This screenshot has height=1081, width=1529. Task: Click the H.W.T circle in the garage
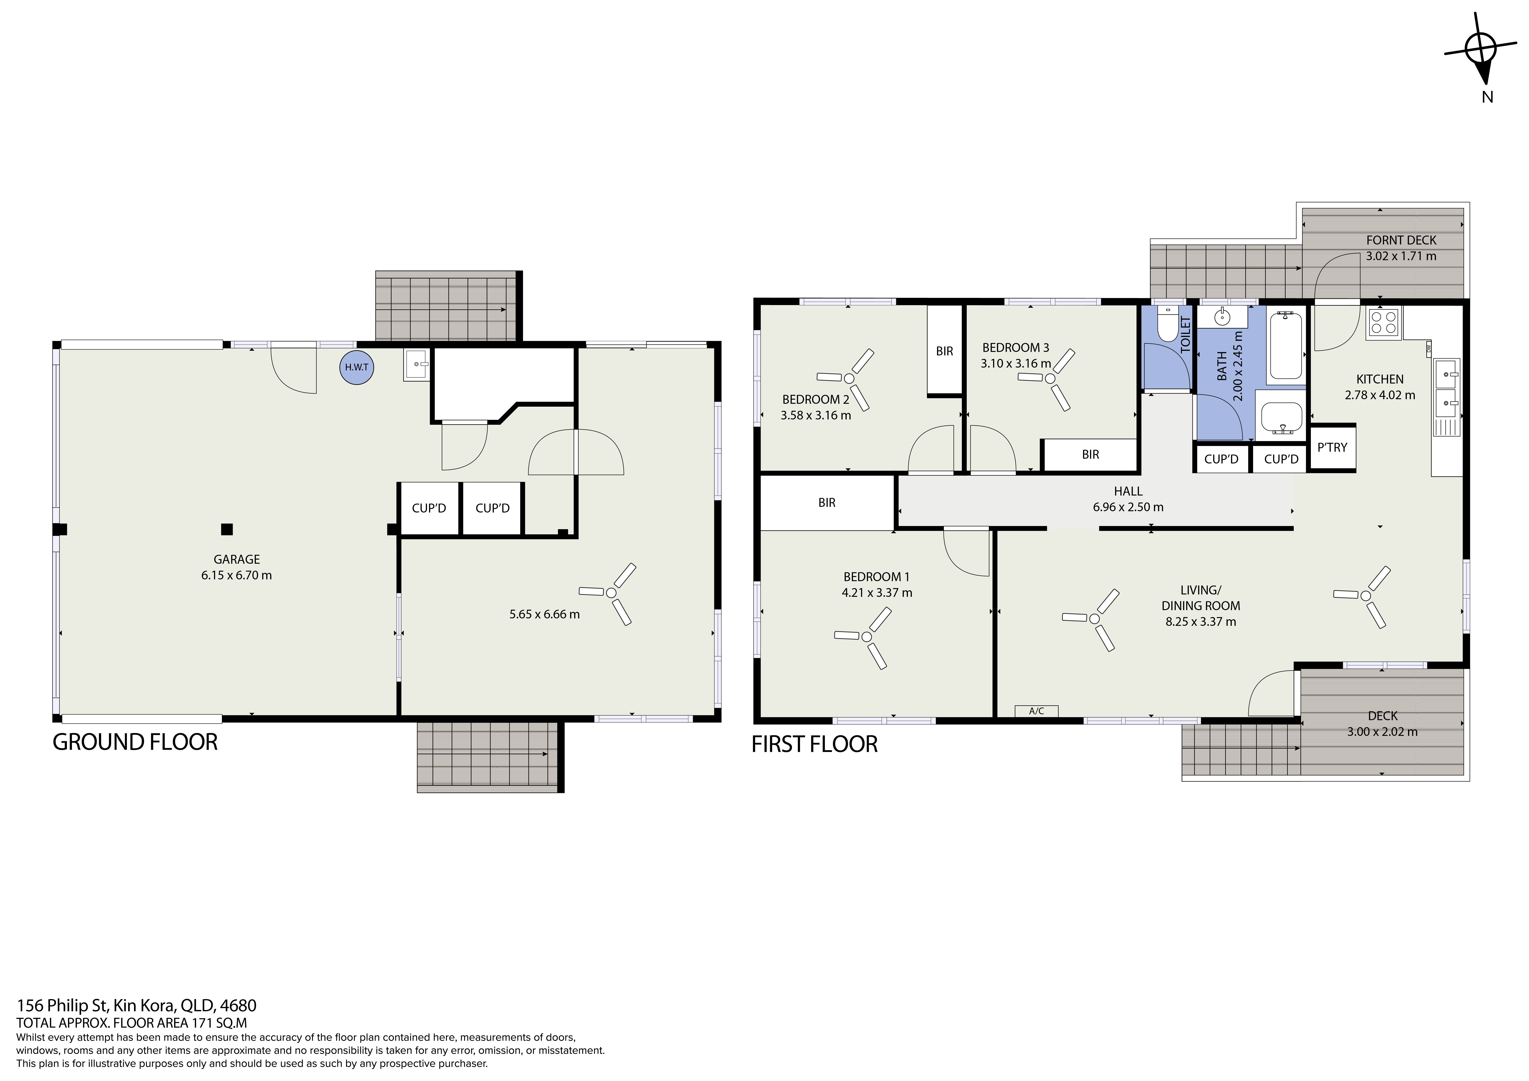[356, 367]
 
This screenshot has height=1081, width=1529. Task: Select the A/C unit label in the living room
[1036, 711]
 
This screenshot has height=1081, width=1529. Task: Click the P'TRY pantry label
[1332, 448]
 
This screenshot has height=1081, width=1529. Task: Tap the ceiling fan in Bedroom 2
[846, 380]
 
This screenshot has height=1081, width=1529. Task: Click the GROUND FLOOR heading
[135, 742]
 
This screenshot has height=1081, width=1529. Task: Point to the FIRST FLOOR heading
[814, 744]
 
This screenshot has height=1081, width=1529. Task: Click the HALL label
[1128, 491]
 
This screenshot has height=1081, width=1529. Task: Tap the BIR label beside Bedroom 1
[826, 503]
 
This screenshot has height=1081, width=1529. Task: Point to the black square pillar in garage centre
[227, 529]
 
